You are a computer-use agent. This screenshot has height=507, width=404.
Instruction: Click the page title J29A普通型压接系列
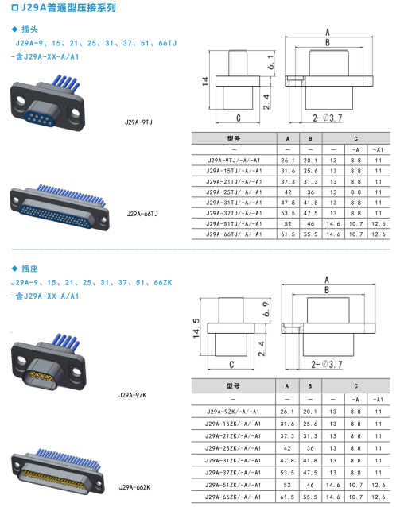pos(68,7)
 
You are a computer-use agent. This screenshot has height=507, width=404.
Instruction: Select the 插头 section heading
pos(29,29)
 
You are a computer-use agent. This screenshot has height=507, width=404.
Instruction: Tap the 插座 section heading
pos(29,269)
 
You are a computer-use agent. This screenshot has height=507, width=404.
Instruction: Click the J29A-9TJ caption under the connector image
pos(138,122)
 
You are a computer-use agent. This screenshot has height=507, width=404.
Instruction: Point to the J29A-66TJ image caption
pos(142,214)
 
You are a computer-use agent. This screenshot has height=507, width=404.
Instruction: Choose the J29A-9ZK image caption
pos(132,395)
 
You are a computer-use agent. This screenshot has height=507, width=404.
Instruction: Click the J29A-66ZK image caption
pos(134,487)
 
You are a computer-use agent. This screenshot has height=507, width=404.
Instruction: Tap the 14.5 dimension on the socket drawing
pos(196,328)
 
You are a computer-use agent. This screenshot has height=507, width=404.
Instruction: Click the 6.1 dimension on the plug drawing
pos(271,62)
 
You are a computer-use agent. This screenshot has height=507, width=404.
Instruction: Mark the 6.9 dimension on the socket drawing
pos(266,309)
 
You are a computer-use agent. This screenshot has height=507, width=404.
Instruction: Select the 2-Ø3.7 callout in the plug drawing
pos(328,118)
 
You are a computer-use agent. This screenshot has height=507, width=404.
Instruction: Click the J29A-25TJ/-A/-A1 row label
pos(234,192)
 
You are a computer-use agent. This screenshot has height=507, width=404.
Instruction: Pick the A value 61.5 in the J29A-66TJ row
pos(288,234)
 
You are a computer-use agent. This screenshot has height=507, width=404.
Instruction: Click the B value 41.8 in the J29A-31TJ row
pos(310,203)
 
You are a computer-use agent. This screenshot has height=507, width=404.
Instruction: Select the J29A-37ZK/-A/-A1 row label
pos(233,473)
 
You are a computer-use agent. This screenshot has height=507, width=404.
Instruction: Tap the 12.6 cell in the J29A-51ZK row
pos(378,485)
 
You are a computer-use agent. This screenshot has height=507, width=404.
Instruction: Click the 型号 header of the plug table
pos(234,139)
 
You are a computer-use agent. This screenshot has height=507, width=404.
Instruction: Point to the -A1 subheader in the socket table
pos(378,400)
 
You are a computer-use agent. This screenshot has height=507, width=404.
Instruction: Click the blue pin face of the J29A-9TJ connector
pos(40,118)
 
